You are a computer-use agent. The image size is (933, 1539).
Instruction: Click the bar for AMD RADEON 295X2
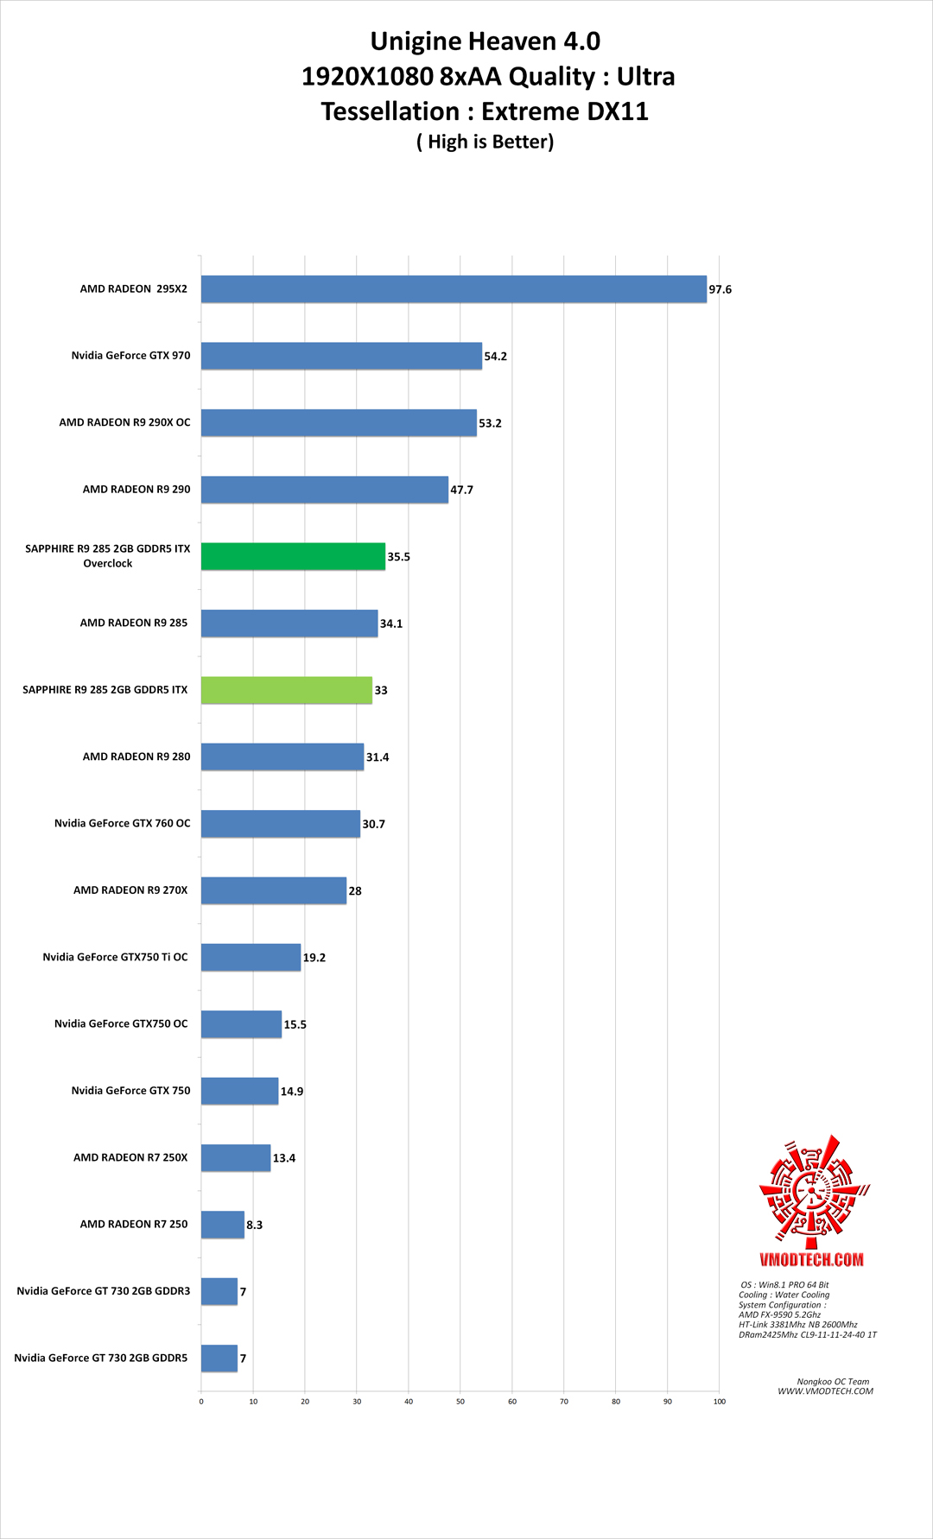pyautogui.click(x=454, y=289)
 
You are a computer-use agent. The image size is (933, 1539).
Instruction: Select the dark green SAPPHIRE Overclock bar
pyautogui.click(x=293, y=556)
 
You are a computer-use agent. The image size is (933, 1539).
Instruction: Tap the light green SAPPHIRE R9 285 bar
pyautogui.click(x=287, y=690)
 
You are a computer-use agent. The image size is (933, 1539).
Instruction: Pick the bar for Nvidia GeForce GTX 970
pyautogui.click(x=341, y=356)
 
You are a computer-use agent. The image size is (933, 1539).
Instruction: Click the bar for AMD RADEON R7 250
pyautogui.click(x=223, y=1225)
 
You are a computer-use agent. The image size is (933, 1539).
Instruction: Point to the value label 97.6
pyautogui.click(x=720, y=289)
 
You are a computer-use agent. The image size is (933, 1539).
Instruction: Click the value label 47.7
pyautogui.click(x=461, y=490)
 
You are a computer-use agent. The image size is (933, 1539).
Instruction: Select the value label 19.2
pyautogui.click(x=314, y=958)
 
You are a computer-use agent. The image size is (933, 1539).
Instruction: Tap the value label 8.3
pyautogui.click(x=254, y=1225)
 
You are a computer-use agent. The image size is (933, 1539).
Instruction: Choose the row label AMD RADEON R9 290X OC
pyautogui.click(x=124, y=422)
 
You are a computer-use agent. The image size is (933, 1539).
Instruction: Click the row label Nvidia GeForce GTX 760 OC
pyautogui.click(x=122, y=823)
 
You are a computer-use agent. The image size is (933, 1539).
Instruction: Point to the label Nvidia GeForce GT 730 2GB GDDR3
pyautogui.click(x=103, y=1291)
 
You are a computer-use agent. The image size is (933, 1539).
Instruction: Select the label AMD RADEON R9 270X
pyautogui.click(x=130, y=890)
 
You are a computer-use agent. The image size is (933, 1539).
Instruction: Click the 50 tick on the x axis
pyautogui.click(x=460, y=1401)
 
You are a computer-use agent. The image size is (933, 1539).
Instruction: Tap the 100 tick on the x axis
pyautogui.click(x=719, y=1401)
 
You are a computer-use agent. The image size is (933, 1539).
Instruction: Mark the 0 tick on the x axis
pyautogui.click(x=201, y=1401)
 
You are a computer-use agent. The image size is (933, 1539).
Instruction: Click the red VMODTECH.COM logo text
pyautogui.click(x=811, y=1259)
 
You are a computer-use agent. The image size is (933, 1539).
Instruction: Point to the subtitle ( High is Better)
pyautogui.click(x=485, y=142)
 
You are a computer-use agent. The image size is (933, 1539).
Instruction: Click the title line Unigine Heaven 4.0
pyautogui.click(x=485, y=41)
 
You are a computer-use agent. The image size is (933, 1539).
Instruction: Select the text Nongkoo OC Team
pyautogui.click(x=833, y=1382)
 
